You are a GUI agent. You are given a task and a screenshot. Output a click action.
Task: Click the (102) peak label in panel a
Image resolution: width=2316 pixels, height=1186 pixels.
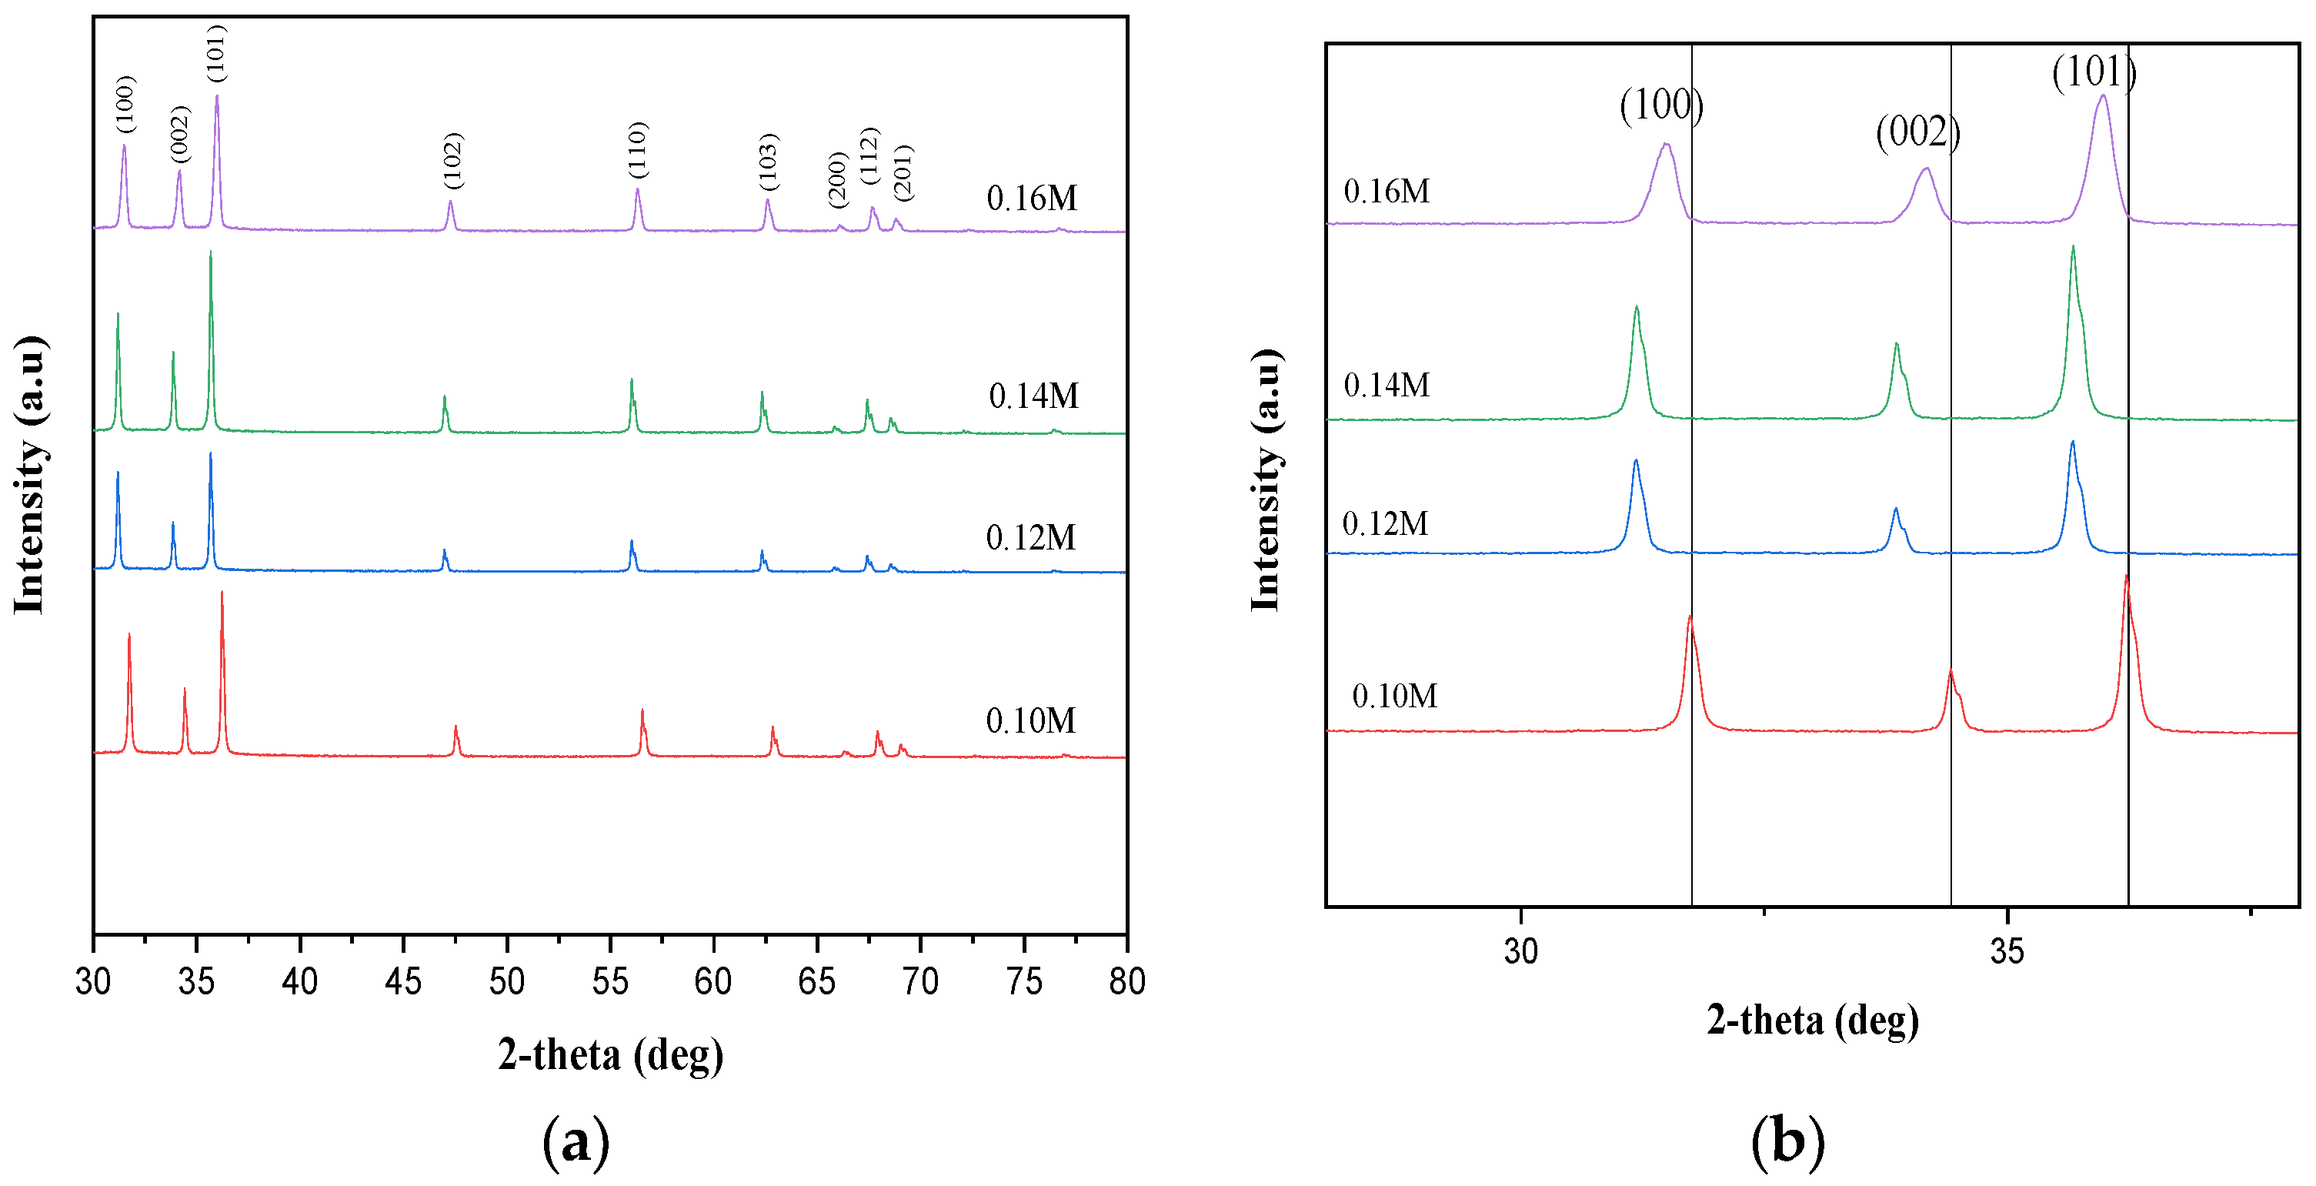(x=453, y=161)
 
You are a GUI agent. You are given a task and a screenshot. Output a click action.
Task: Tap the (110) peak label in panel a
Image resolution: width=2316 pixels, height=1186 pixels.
(x=637, y=150)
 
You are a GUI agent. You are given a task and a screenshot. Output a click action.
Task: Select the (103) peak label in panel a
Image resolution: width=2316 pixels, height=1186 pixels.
(x=769, y=162)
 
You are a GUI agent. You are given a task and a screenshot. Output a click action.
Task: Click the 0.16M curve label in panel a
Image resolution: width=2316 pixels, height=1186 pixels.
(x=1031, y=198)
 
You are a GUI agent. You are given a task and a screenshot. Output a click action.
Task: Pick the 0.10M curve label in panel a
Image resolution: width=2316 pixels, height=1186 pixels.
(x=1030, y=720)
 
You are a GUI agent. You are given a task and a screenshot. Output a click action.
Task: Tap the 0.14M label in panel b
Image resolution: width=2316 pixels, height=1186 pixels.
(x=1387, y=385)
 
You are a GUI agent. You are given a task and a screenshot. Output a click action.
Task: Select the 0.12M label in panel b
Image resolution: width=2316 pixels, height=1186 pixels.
(x=1384, y=523)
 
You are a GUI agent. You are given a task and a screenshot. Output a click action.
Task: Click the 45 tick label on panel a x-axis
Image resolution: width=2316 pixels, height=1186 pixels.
(x=402, y=982)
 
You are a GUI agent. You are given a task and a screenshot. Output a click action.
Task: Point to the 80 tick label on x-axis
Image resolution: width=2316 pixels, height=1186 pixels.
(x=1126, y=982)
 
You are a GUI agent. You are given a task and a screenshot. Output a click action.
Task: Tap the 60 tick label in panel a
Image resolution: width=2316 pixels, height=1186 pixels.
(x=713, y=982)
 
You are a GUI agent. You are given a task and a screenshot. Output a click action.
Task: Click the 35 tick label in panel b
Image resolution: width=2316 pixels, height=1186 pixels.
(x=2007, y=951)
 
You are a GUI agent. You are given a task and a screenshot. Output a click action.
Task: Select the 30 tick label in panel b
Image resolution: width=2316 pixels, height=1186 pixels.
(x=1520, y=951)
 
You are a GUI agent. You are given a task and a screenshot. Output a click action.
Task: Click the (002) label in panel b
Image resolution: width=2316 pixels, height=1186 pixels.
(x=1917, y=132)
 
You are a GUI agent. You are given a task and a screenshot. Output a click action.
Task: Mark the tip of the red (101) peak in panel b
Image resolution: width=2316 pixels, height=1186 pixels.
(x=2125, y=576)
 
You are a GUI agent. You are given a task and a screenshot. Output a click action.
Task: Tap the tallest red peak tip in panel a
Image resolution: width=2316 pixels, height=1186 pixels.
(x=222, y=593)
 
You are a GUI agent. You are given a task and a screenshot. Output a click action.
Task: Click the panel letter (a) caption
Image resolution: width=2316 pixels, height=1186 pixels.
(x=576, y=1142)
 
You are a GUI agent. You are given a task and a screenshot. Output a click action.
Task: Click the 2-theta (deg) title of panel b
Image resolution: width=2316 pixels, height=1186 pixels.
(x=1813, y=1021)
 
